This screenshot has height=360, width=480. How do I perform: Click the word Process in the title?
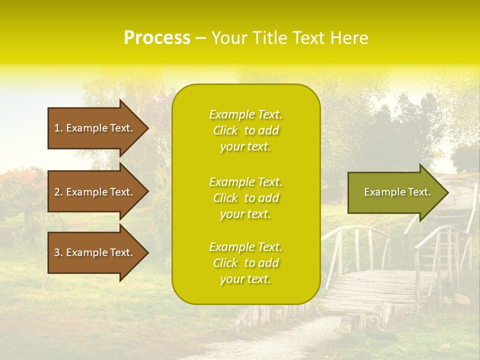(x=157, y=38)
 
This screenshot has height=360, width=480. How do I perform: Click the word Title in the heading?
(x=269, y=38)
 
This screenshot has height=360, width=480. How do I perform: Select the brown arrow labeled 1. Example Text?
(x=95, y=128)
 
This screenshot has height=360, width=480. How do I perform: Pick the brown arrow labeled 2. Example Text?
(x=95, y=192)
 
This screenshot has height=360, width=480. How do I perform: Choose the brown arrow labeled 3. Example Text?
(x=95, y=252)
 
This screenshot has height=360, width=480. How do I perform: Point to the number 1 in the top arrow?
(x=57, y=128)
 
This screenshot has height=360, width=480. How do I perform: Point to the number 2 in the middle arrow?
(x=57, y=192)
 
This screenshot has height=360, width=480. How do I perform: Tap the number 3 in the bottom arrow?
(x=57, y=252)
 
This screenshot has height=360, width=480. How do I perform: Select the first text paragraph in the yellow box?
(x=245, y=130)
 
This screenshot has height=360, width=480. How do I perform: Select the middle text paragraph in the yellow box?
(x=245, y=198)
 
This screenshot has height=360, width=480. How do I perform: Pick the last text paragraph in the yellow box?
(x=245, y=263)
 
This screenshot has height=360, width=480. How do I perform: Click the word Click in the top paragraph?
(x=225, y=130)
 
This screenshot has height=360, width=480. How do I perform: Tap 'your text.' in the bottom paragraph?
(x=245, y=279)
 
